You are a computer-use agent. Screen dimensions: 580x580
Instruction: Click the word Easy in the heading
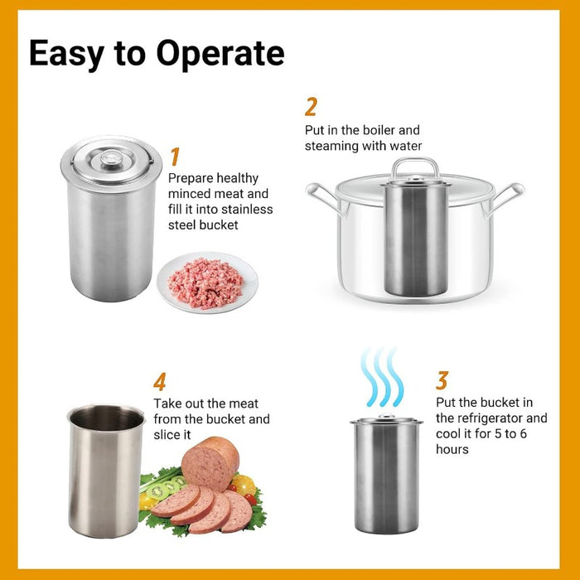(69, 53)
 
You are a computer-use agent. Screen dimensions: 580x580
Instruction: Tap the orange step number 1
(175, 156)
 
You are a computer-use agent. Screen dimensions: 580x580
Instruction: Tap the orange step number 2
(311, 107)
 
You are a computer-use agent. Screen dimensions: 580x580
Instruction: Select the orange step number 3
(442, 380)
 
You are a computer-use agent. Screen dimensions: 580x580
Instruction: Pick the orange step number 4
(160, 382)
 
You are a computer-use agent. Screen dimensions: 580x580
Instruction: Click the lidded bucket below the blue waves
(386, 476)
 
